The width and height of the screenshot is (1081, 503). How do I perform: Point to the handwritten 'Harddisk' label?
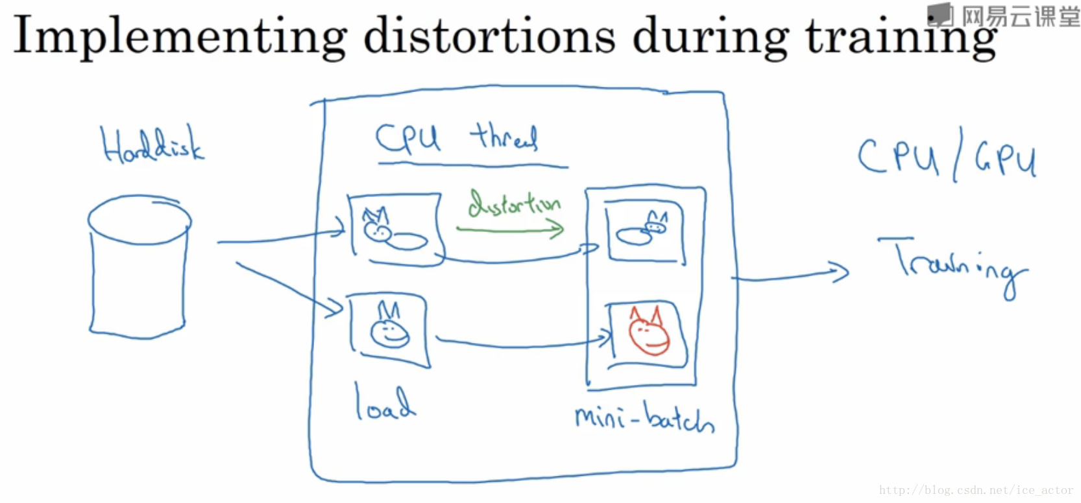pyautogui.click(x=152, y=145)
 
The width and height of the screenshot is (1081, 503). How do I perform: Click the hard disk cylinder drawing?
pyautogui.click(x=139, y=266)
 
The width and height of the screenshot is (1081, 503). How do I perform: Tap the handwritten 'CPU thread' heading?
pyautogui.click(x=457, y=138)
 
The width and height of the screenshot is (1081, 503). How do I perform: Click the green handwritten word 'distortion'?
pyautogui.click(x=514, y=204)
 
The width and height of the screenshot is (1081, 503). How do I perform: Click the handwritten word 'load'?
pyautogui.click(x=384, y=403)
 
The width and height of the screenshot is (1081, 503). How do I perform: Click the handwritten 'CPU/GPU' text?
pyautogui.click(x=947, y=156)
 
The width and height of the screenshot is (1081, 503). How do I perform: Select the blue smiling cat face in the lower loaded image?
pyautogui.click(x=389, y=327)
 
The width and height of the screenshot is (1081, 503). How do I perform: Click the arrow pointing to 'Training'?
pyautogui.click(x=792, y=275)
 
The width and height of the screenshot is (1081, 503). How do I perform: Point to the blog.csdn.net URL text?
pyautogui.click(x=976, y=490)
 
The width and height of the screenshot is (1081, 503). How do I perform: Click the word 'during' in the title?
pyautogui.click(x=711, y=36)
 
